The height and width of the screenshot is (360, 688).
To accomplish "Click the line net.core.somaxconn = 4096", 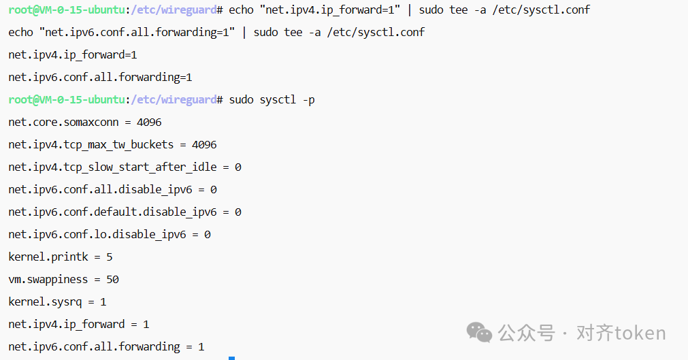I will coord(85,122).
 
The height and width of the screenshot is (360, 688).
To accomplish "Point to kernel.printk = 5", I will coord(61,257).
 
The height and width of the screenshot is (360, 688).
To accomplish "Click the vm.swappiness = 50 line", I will coord(64,280).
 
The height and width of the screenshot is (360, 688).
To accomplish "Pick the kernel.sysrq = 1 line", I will coord(57,301).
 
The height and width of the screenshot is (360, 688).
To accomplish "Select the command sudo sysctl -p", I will coord(272,100).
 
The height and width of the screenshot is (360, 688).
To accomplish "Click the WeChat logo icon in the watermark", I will coord(479,332).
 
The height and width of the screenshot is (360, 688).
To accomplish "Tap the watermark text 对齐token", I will coord(621,333).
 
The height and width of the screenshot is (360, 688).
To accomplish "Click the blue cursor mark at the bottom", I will coord(231,357).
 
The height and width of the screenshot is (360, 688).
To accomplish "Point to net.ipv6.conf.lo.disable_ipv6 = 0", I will coord(110,235).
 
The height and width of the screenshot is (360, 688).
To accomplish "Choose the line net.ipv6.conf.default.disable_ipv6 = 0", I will coord(125,212).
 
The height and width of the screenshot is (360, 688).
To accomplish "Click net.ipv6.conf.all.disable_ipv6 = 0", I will coord(112,189).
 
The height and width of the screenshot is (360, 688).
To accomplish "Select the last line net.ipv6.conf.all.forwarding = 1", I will coord(106,346).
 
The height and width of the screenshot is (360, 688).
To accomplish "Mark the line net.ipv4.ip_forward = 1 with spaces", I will coord(79,324).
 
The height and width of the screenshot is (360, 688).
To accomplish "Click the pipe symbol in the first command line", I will coord(410,10).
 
